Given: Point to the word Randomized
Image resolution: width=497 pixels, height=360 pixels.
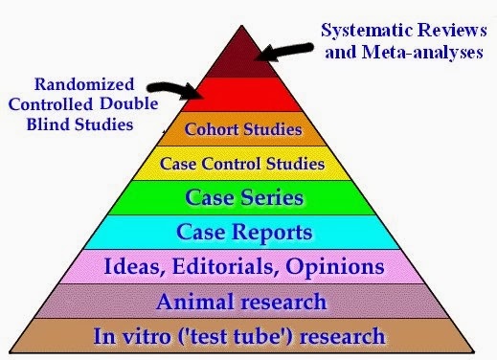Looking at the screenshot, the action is coord(84,84).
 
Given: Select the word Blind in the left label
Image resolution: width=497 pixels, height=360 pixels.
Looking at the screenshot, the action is coord(49,124).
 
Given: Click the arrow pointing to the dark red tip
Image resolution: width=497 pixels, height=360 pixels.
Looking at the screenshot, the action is coord(284,52).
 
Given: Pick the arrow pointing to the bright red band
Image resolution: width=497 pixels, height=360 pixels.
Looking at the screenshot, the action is coord(175,90).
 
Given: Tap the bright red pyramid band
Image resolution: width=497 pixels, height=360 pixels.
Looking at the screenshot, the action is coord(242,95).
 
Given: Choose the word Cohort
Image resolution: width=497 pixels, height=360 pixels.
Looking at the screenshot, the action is coord(212,129).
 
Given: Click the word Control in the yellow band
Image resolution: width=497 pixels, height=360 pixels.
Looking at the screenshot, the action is coord(231,164).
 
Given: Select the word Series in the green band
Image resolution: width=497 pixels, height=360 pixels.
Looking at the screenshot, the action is coord(272,197).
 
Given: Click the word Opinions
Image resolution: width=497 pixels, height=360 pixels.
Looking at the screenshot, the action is coord(335,267).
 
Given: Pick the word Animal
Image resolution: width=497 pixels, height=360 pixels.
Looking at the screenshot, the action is coord(194,302).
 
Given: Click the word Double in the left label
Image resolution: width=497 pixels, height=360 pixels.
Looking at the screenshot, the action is coord(129,104).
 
